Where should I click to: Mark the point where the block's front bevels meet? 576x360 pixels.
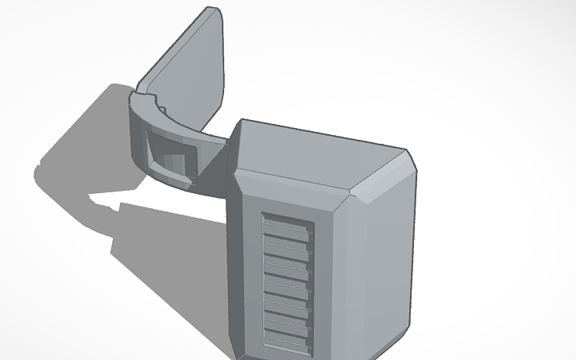point(349,195)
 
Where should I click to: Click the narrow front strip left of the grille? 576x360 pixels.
point(247,270)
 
